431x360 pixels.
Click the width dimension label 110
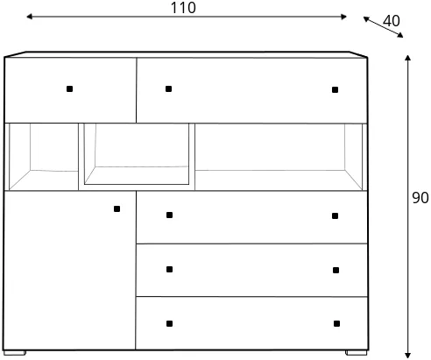click(x=183, y=8)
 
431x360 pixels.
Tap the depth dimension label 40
click(x=391, y=21)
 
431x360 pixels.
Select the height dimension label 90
click(x=420, y=198)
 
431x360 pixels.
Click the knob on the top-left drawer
click(x=69, y=88)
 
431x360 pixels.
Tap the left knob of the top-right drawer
click(x=168, y=88)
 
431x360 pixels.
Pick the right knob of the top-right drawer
click(x=335, y=89)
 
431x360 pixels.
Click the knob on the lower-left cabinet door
click(x=117, y=208)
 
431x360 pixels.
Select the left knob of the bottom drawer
click(x=169, y=323)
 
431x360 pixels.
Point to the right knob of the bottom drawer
click(x=336, y=323)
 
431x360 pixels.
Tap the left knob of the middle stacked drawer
click(x=169, y=269)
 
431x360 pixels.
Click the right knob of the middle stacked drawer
click(x=336, y=270)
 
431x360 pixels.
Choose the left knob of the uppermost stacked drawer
click(x=169, y=215)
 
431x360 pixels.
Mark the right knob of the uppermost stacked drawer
click(x=335, y=215)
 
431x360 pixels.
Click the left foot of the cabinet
click(x=15, y=353)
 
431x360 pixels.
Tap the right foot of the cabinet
click(x=357, y=353)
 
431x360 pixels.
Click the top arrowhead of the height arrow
click(x=408, y=57)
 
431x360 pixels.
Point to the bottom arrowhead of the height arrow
click(x=408, y=355)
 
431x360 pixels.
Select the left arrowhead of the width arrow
click(x=29, y=17)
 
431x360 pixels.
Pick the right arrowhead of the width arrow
click(x=343, y=17)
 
